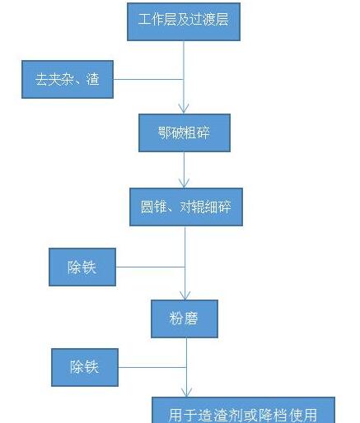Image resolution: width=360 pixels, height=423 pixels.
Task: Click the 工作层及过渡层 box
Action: pyautogui.click(x=184, y=21)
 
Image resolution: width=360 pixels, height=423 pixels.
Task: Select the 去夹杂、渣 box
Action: pyautogui.click(x=68, y=79)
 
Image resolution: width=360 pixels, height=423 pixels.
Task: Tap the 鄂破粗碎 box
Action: pyautogui.click(x=185, y=132)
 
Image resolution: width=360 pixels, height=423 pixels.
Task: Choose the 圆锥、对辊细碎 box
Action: pyautogui.click(x=186, y=207)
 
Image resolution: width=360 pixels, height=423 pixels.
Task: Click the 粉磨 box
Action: pyautogui.click(x=185, y=318)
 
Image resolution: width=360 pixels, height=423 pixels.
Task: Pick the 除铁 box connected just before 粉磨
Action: pyautogui.click(x=82, y=267)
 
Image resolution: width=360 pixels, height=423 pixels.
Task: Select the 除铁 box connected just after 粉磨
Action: pyautogui.click(x=85, y=367)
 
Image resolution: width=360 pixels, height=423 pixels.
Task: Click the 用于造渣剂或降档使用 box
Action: pyautogui.click(x=243, y=410)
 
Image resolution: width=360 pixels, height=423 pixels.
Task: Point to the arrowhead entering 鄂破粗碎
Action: pyautogui.click(x=184, y=109)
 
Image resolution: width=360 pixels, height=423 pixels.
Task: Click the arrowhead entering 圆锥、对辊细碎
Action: pyautogui.click(x=184, y=183)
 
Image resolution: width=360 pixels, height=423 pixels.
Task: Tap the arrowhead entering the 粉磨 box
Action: pyautogui.click(x=185, y=295)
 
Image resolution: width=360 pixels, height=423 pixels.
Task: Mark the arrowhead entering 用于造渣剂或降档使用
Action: pyautogui.click(x=187, y=392)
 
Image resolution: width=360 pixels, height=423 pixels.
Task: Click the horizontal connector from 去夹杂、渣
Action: pyautogui.click(x=148, y=79)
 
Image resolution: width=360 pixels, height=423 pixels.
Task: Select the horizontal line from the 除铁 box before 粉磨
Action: pyautogui.click(x=151, y=267)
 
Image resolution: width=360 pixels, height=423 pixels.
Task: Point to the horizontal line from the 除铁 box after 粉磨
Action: pyautogui.click(x=152, y=367)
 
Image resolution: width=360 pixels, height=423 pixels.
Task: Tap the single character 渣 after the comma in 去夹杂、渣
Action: pyautogui.click(x=92, y=79)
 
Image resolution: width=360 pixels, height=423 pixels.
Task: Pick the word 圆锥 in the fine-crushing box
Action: pyautogui.click(x=154, y=207)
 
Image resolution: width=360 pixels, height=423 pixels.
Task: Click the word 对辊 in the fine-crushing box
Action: pyautogui.click(x=192, y=207)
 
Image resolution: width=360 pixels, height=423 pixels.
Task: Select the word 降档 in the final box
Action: pyautogui.click(x=272, y=415)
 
